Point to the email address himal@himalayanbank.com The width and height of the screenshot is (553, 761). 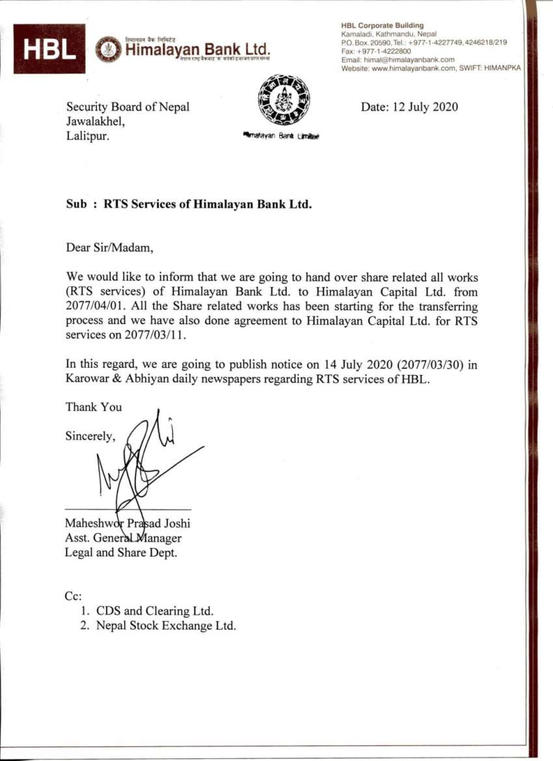click(x=409, y=59)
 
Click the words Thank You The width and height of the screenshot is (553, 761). click(x=94, y=407)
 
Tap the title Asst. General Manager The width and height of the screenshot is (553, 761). click(x=124, y=538)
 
